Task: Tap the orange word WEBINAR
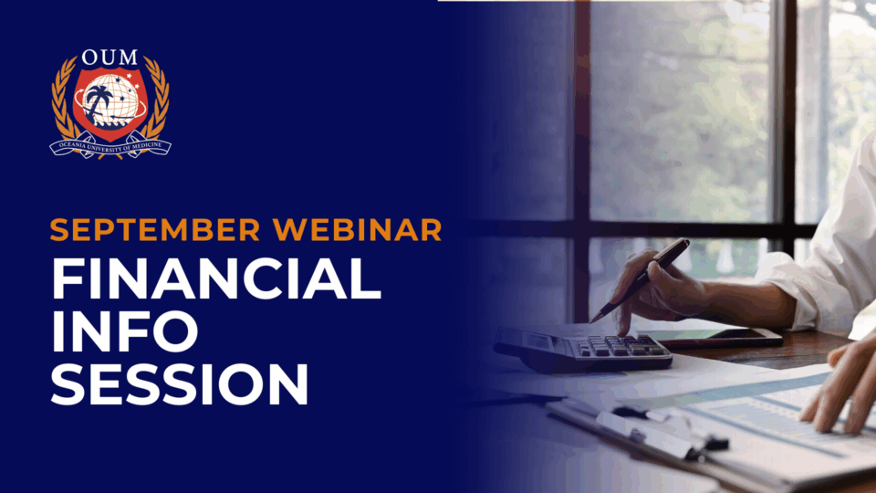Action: click(358, 230)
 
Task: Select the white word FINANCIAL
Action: click(216, 279)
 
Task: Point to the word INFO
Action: click(125, 331)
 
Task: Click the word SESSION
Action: click(180, 384)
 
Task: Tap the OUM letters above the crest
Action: click(109, 57)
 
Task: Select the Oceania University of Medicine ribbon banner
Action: click(110, 146)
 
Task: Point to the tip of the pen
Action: click(591, 322)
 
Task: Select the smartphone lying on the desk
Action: click(710, 337)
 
